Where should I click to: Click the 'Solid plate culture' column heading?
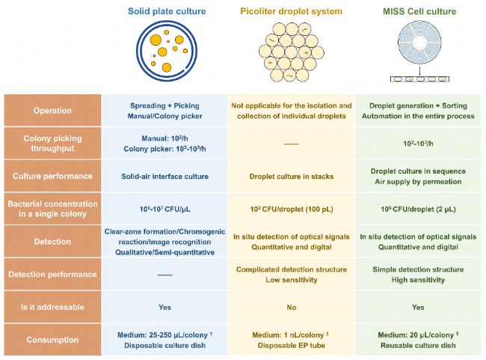click(167, 11)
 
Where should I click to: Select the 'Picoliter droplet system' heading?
click(291, 11)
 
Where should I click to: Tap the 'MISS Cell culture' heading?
click(419, 11)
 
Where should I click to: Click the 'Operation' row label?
click(52, 111)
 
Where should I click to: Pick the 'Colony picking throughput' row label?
click(52, 143)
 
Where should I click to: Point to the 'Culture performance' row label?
click(52, 176)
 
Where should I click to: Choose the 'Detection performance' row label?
click(52, 275)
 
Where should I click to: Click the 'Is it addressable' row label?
click(52, 307)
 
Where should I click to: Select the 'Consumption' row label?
click(52, 340)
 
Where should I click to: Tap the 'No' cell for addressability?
click(292, 308)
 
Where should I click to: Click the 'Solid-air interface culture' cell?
click(165, 177)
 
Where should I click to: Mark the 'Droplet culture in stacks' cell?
click(292, 177)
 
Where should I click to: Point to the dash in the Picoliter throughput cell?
click(292, 144)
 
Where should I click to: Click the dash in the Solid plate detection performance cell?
click(165, 275)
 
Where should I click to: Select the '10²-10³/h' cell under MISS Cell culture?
click(418, 144)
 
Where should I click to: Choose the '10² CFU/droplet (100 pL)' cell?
click(292, 209)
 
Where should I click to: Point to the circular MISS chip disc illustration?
click(419, 42)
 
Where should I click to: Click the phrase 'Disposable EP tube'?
click(292, 346)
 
